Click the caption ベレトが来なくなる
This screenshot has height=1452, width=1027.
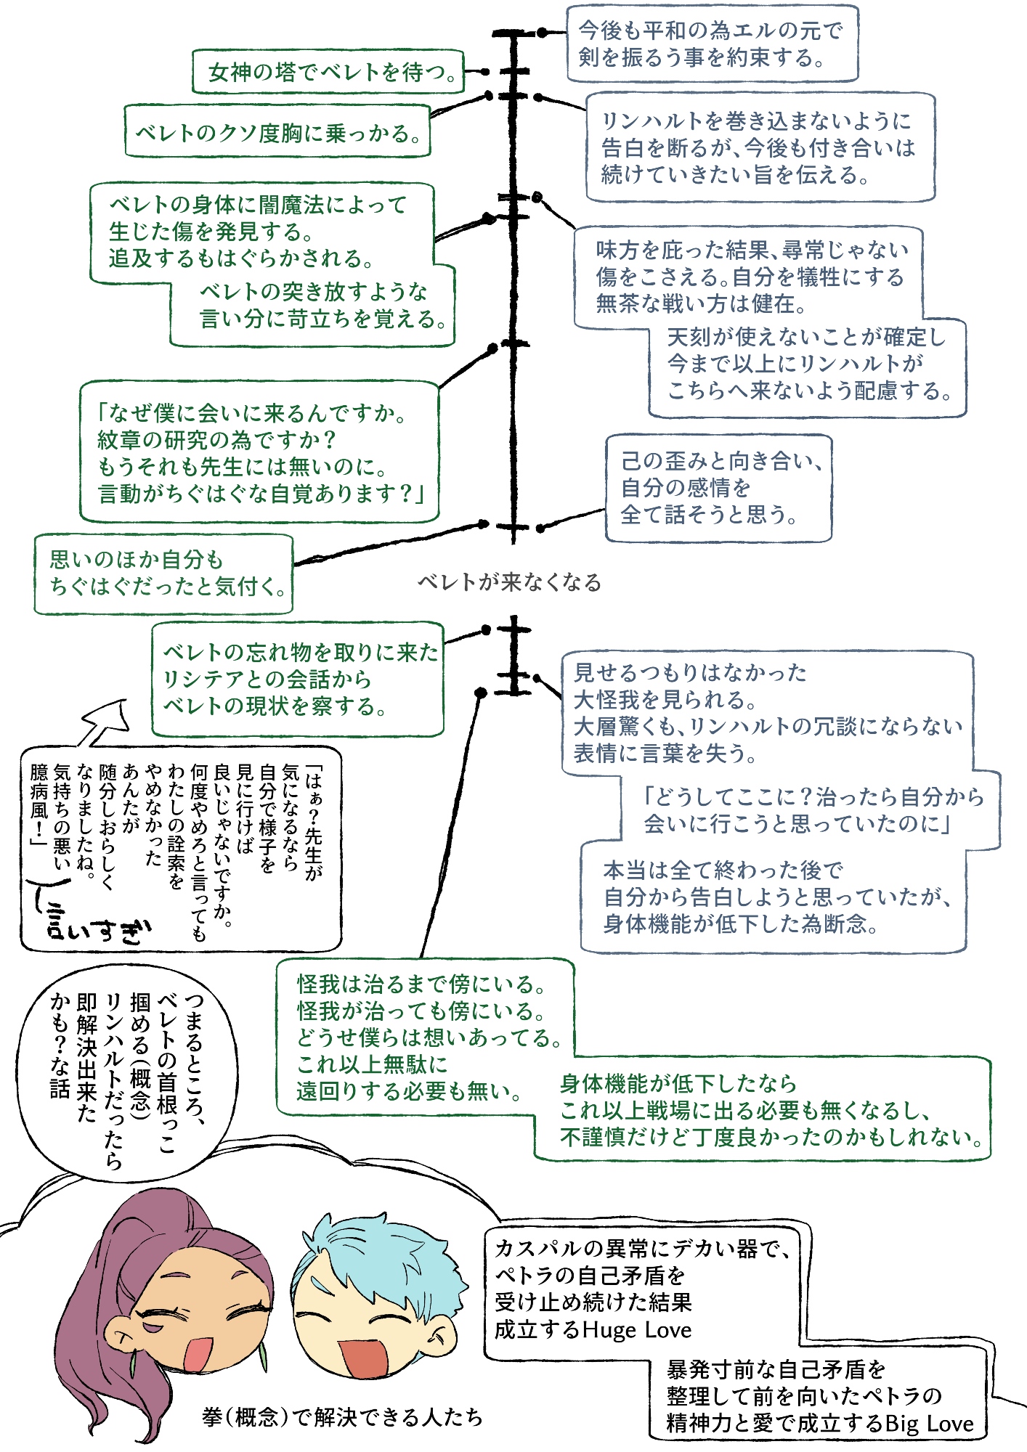[x=509, y=582]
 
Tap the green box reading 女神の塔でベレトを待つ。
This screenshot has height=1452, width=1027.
[x=328, y=72]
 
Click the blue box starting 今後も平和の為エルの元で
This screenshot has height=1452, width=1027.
[x=712, y=44]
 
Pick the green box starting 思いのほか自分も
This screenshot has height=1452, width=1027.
[x=164, y=574]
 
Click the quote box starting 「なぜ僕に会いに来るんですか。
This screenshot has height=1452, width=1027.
[x=259, y=452]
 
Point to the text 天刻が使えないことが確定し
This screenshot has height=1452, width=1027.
[x=806, y=337]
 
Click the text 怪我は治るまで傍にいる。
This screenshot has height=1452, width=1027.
[x=421, y=984]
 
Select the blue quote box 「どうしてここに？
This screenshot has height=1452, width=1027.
[x=811, y=810]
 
